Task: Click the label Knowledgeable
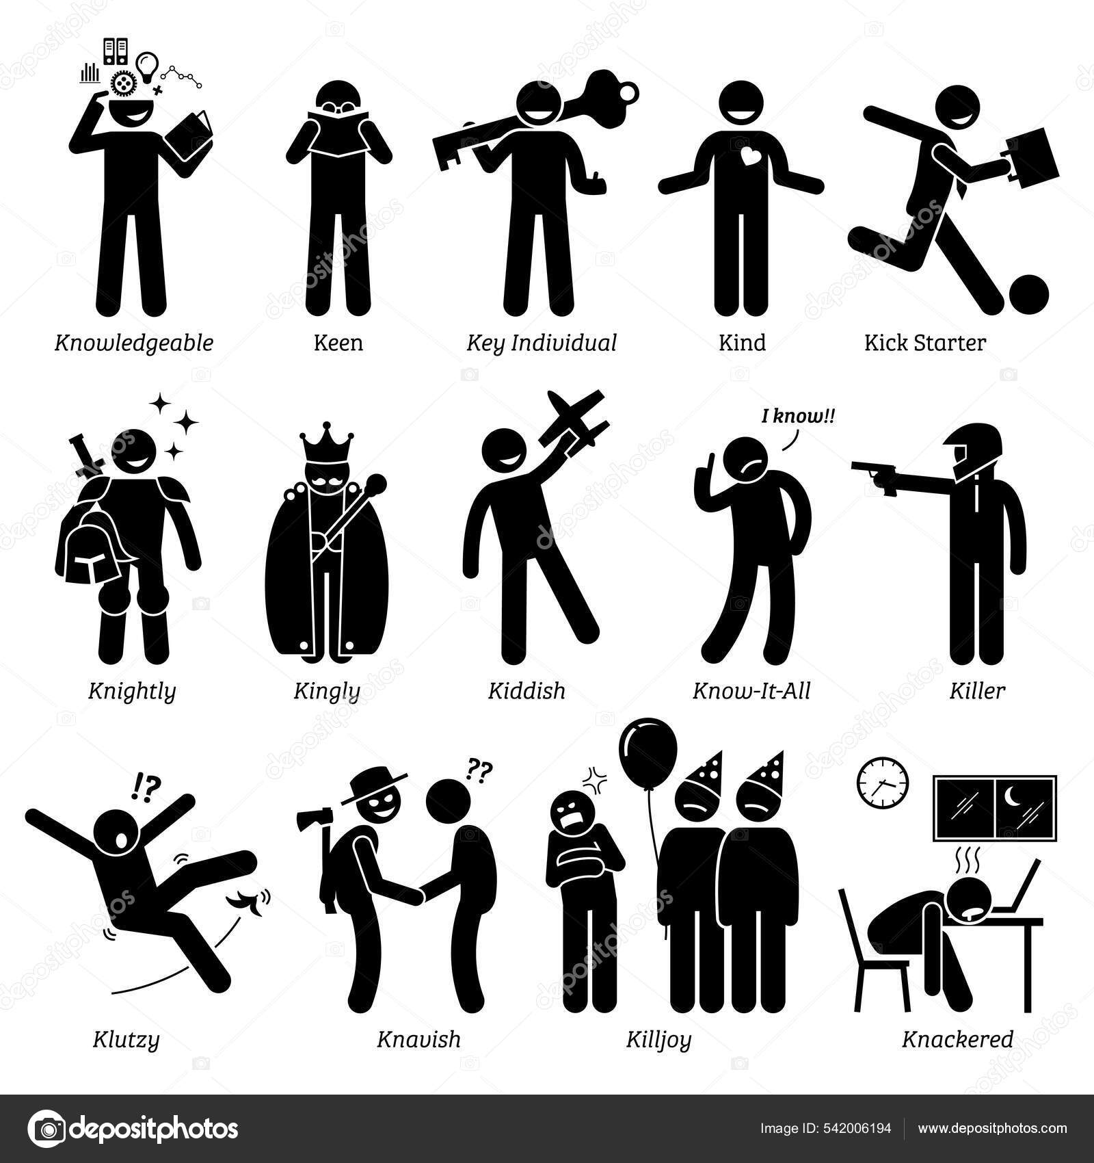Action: click(x=134, y=342)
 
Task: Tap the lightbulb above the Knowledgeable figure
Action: click(x=147, y=68)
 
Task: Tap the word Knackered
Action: click(x=957, y=1040)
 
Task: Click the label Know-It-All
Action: click(x=751, y=690)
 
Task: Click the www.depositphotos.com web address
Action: click(x=992, y=1128)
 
